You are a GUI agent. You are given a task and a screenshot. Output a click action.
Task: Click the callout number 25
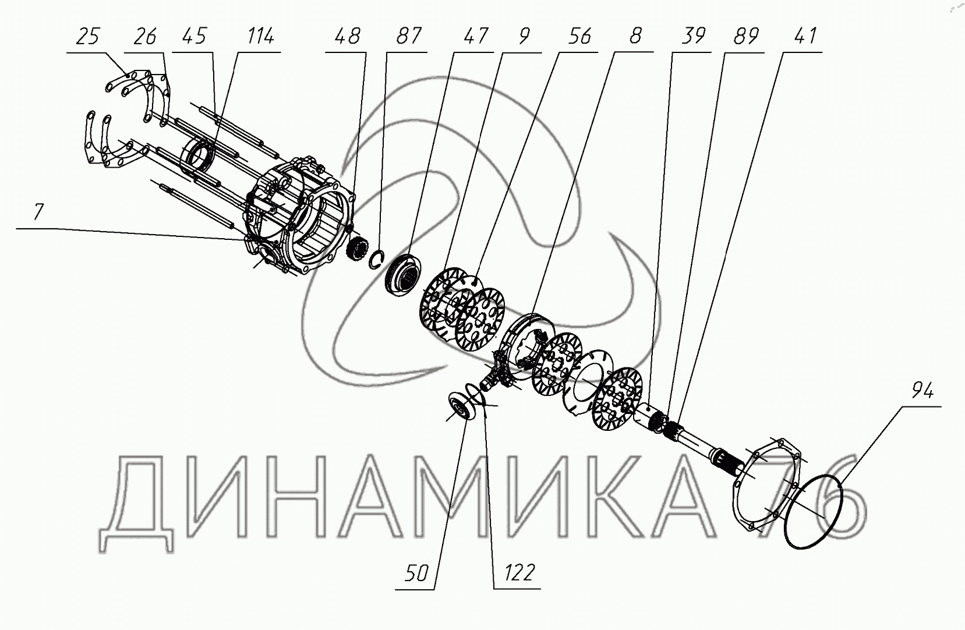pyautogui.click(x=88, y=36)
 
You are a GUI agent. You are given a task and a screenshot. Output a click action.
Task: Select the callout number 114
pyautogui.click(x=261, y=36)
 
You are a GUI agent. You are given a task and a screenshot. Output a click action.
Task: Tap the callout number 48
pyautogui.click(x=347, y=36)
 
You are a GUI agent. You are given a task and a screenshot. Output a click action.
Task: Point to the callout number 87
pyautogui.click(x=408, y=36)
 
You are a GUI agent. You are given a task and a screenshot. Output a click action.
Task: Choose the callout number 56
pyautogui.click(x=579, y=36)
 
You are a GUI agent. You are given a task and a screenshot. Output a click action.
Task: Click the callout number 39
pyautogui.click(x=693, y=36)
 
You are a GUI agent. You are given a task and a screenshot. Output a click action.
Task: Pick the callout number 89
pyautogui.click(x=745, y=36)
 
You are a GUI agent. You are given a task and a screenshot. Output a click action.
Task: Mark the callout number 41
pyautogui.click(x=805, y=36)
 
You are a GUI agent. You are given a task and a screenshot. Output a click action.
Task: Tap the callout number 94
pyautogui.click(x=922, y=391)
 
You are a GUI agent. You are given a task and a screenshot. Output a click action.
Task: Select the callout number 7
pyautogui.click(x=39, y=212)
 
